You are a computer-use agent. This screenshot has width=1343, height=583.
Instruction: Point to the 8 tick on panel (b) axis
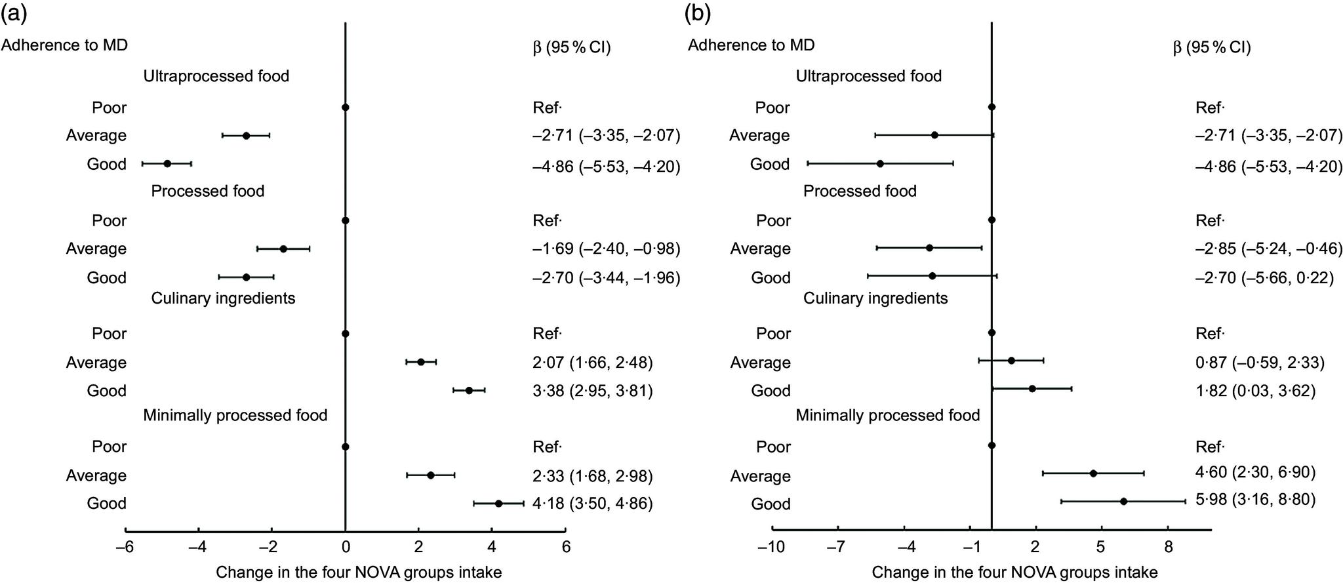tap(1168, 547)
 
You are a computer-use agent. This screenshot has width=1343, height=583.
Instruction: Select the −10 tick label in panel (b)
tap(771, 547)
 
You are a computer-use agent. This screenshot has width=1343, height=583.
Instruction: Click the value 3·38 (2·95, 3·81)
tap(592, 391)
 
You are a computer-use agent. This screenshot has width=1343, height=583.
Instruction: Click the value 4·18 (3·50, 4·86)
tap(592, 504)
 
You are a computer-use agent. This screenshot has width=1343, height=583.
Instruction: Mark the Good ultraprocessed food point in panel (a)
tap(167, 164)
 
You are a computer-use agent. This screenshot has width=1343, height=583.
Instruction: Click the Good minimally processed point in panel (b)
tap(1123, 501)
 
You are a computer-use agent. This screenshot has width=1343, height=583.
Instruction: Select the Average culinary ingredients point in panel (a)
tap(421, 362)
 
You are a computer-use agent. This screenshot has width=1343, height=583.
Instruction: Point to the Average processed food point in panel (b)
tap(929, 248)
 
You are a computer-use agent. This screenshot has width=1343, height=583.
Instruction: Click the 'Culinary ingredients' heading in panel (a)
tap(223, 298)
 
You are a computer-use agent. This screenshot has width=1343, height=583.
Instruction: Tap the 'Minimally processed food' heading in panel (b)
tap(887, 415)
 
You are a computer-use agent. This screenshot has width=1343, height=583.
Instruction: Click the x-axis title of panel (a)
tap(359, 573)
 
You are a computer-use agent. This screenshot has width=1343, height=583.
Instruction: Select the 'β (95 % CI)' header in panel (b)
tap(1211, 48)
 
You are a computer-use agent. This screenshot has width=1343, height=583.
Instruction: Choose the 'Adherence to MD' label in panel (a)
tap(64, 45)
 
